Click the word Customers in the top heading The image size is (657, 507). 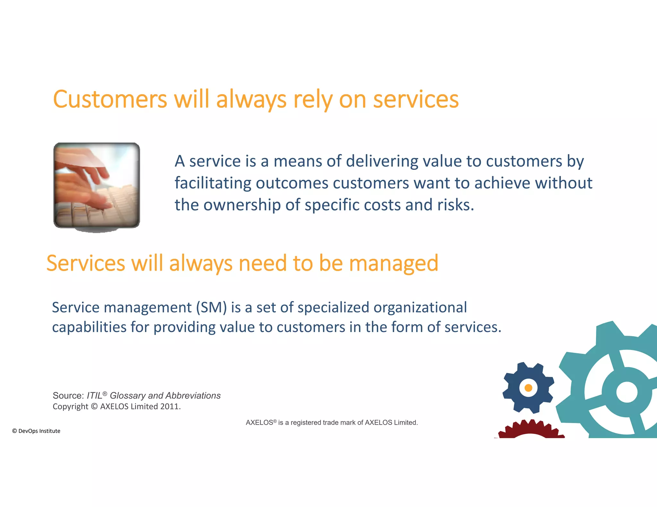click(x=110, y=99)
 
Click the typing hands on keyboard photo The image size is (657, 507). click(x=97, y=185)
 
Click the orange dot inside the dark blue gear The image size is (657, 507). click(x=528, y=388)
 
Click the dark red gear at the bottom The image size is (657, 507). click(x=531, y=429)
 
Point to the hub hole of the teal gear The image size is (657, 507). click(x=627, y=392)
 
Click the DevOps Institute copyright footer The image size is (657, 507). click(x=36, y=431)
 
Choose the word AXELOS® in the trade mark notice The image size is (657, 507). click(x=261, y=423)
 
